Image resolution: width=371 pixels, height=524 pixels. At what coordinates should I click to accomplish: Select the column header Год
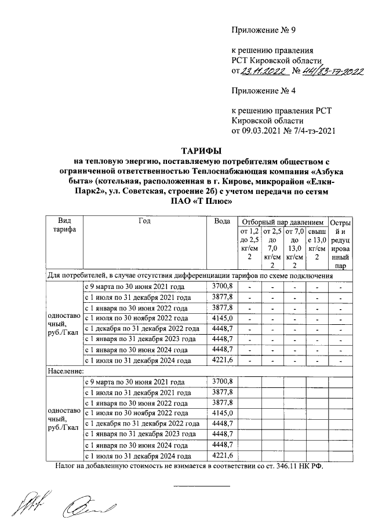[144, 221]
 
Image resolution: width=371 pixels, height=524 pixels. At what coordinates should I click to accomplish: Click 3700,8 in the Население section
[223, 382]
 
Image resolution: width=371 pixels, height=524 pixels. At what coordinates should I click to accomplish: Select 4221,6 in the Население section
[223, 456]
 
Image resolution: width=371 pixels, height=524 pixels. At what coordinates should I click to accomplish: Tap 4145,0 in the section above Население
[223, 318]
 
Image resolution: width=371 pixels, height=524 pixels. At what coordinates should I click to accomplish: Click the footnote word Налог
[67, 466]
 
